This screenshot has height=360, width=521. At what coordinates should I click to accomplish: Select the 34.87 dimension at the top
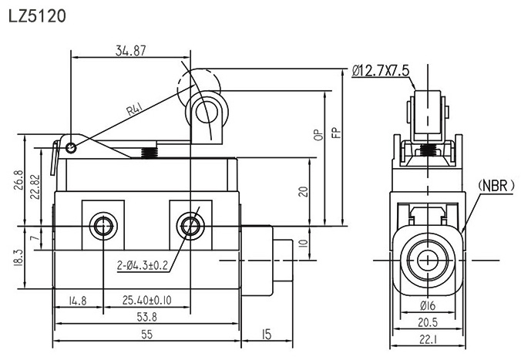pyautogui.click(x=132, y=50)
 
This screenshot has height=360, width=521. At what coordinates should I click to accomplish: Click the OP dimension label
pyautogui.click(x=318, y=136)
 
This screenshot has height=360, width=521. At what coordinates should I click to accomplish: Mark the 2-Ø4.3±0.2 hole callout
pyautogui.click(x=143, y=267)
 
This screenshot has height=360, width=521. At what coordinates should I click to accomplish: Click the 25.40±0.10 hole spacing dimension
pyautogui.click(x=148, y=300)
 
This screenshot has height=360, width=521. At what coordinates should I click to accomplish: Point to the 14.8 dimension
pyautogui.click(x=78, y=300)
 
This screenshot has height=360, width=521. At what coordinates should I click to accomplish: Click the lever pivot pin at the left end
pyautogui.click(x=71, y=147)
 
